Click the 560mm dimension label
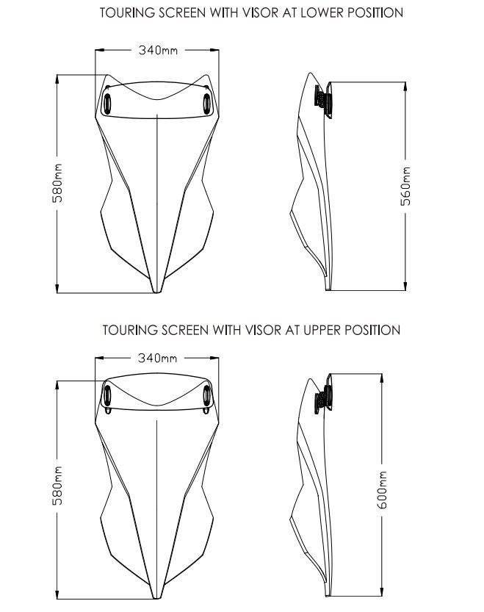[406, 186]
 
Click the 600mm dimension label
[382, 489]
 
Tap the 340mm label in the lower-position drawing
[158, 51]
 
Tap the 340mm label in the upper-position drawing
[158, 358]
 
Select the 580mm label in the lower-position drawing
[57, 183]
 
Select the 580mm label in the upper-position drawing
[57, 485]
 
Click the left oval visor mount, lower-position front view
[106, 104]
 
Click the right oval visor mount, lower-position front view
[206, 104]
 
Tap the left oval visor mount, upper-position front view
[106, 395]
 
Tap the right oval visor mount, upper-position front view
[206, 395]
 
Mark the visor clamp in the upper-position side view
[324, 395]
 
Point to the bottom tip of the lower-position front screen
[156, 292]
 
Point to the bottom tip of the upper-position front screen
[156, 598]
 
